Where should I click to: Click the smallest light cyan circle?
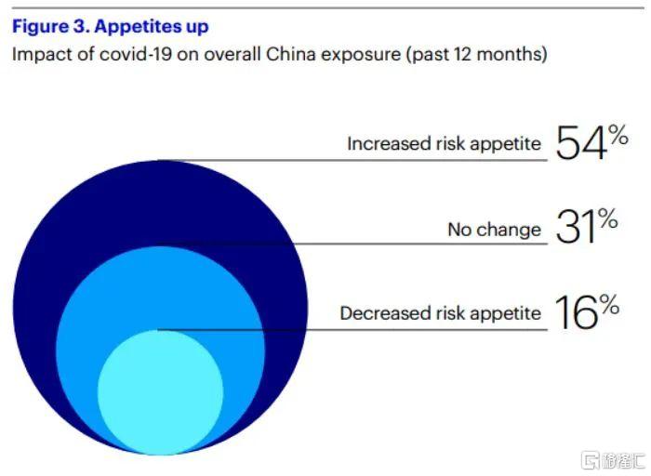[x=160, y=392]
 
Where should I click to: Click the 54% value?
[x=591, y=142]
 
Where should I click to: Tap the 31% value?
[x=587, y=226]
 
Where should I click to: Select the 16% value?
[x=587, y=311]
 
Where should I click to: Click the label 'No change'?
[x=494, y=230]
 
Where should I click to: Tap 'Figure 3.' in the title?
[x=51, y=27]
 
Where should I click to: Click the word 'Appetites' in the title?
[x=138, y=27]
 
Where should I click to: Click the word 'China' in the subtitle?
[x=290, y=54]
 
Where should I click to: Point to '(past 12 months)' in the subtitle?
[x=476, y=54]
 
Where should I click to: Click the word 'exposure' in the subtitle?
[x=361, y=56]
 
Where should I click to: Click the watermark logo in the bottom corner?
[x=613, y=460]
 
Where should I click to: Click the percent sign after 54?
[x=618, y=136]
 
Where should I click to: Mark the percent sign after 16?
[x=609, y=304]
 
